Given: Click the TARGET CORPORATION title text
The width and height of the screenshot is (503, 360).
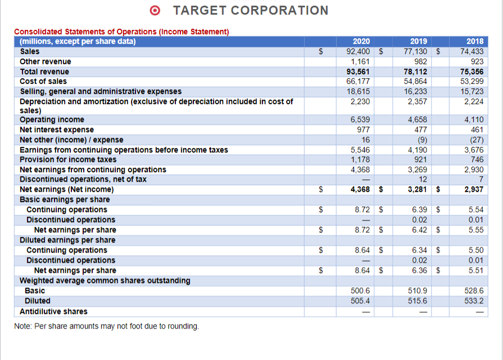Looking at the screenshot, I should click(251, 11).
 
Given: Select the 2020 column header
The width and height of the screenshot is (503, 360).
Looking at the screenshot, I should click(361, 41).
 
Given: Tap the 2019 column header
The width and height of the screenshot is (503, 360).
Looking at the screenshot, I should click(418, 41).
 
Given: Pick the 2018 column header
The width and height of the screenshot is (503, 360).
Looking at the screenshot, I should click(475, 41).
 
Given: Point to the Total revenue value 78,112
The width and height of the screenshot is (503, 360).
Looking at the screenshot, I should click(416, 71).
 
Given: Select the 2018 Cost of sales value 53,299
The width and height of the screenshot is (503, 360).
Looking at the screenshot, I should click(473, 82).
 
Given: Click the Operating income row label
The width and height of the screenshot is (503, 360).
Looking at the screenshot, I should click(52, 119).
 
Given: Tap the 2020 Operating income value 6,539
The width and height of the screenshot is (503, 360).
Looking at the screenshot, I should click(360, 119).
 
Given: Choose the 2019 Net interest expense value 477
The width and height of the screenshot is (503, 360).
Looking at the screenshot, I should click(420, 129).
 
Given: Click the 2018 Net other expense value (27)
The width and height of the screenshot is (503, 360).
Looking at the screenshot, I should click(477, 139).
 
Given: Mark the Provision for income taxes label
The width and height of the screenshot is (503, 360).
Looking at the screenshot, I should click(68, 160).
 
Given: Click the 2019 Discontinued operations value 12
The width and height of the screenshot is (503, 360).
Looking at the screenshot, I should click(423, 179).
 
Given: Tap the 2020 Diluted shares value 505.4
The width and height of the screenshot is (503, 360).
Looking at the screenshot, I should click(360, 301).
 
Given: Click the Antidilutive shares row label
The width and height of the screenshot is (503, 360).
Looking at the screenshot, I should click(53, 311).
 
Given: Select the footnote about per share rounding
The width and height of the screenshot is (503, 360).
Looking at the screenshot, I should click(106, 326).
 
